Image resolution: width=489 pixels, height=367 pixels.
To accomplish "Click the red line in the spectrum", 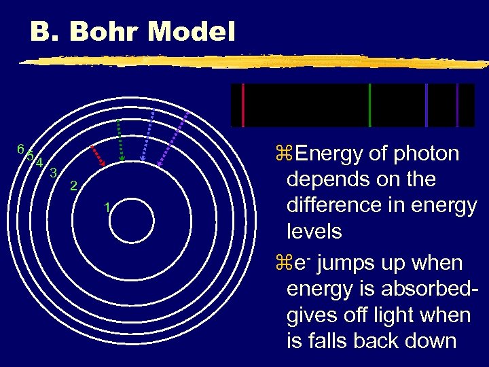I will point(242,105).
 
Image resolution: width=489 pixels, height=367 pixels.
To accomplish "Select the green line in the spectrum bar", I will point(369,105).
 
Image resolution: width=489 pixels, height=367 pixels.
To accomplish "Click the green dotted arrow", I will point(120,140).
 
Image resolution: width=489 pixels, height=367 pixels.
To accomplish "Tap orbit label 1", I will point(107,207).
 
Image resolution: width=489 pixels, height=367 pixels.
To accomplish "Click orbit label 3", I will point(53,172).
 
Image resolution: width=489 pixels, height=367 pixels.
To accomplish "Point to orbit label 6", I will point(21,149).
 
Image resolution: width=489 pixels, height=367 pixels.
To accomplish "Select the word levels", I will point(314,232).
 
